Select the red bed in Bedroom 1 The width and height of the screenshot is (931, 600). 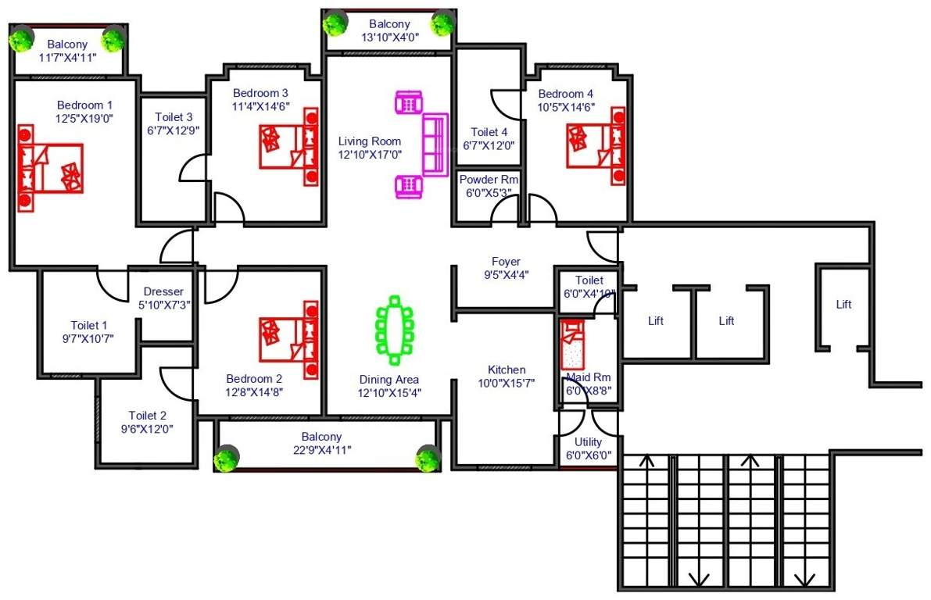click(x=50, y=167)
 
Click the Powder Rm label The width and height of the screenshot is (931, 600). click(x=489, y=179)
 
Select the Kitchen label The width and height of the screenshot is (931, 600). click(x=507, y=370)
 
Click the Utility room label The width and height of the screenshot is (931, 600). click(x=588, y=441)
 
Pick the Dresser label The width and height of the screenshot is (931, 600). click(x=163, y=292)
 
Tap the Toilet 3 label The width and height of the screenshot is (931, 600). click(x=173, y=117)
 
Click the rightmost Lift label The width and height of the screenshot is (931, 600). click(x=843, y=305)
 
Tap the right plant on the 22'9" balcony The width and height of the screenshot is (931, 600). click(x=428, y=459)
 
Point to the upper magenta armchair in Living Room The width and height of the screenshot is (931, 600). click(x=409, y=103)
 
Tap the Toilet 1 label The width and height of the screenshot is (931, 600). click(x=89, y=325)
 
